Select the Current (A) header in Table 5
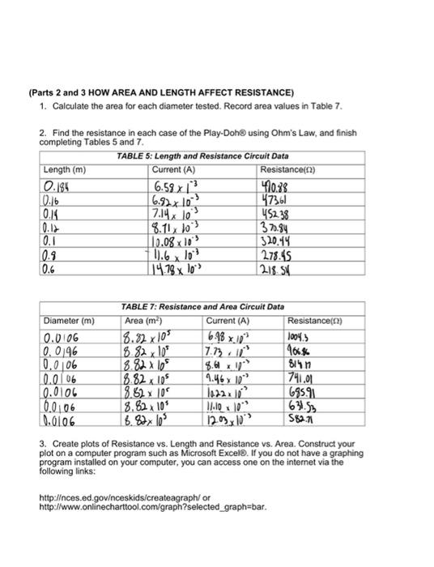point(173,168)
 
